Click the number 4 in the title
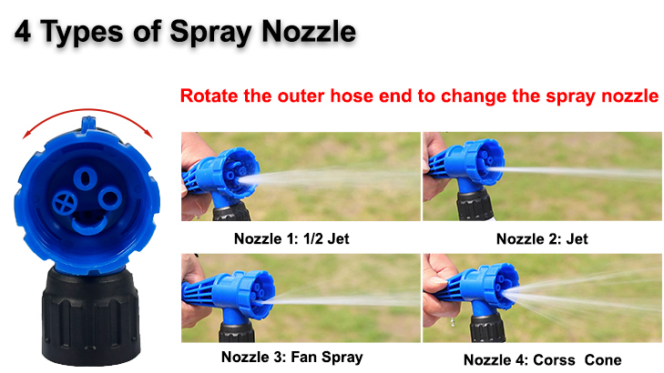point(23,31)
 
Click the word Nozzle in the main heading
point(309,31)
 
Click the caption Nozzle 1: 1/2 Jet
point(291,238)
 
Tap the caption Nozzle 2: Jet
point(542,239)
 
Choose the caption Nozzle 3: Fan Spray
point(292,358)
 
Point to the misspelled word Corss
point(554,360)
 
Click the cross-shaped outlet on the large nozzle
point(65,203)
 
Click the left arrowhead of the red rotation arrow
point(26,135)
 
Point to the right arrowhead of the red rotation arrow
point(148,133)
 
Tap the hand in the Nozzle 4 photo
point(436,292)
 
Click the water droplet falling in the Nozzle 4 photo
point(453,322)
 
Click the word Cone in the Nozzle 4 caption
point(603,360)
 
